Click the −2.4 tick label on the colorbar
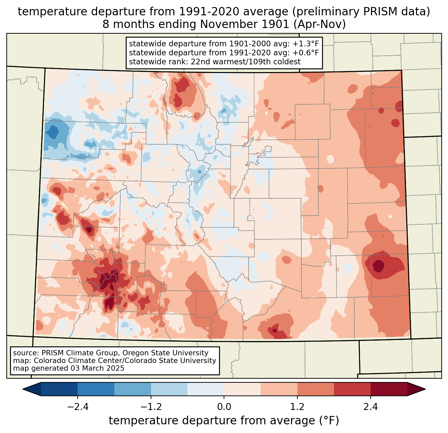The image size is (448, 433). [x=78, y=407]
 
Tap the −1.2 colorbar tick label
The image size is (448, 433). [x=151, y=407]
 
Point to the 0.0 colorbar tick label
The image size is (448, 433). [x=224, y=407]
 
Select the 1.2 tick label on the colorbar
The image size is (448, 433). [x=297, y=407]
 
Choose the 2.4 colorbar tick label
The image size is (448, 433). [x=370, y=407]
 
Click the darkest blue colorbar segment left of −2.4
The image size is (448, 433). [x=59, y=389]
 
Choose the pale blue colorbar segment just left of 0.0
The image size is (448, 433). [x=206, y=389]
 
